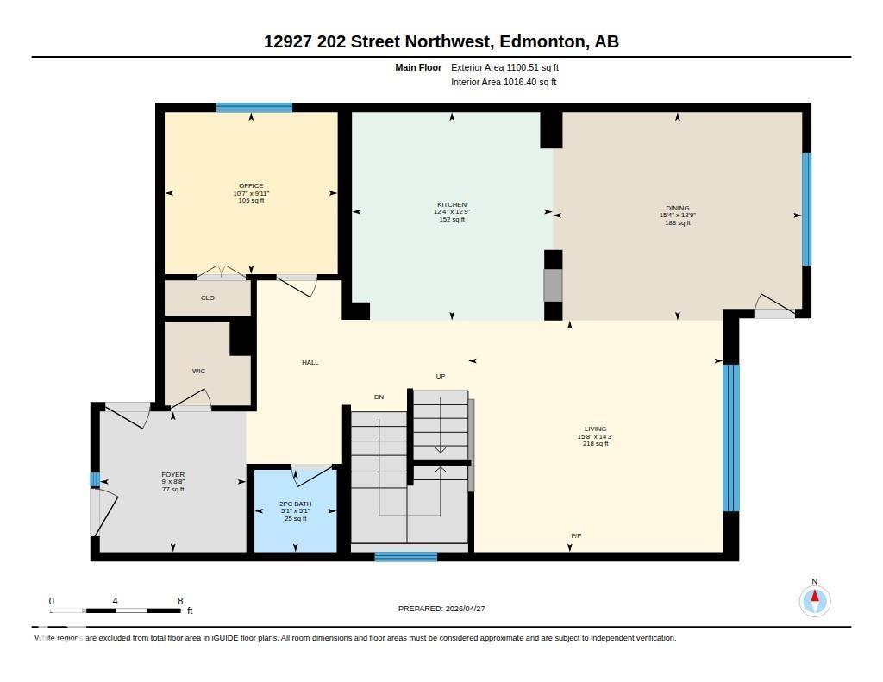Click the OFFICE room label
(x=251, y=186)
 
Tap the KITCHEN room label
(x=451, y=205)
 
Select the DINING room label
(x=678, y=209)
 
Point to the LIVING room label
(x=595, y=429)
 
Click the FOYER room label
(x=173, y=475)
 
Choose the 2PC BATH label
(x=295, y=504)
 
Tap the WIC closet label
(x=198, y=372)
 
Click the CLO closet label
(x=207, y=298)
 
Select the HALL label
(x=310, y=363)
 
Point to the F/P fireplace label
(x=576, y=536)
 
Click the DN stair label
(x=379, y=397)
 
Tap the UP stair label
(x=440, y=377)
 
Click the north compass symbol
(x=814, y=599)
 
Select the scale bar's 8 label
(x=179, y=601)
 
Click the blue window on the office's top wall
(x=254, y=108)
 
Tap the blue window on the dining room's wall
(x=806, y=210)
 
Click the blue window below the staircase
(x=405, y=557)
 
